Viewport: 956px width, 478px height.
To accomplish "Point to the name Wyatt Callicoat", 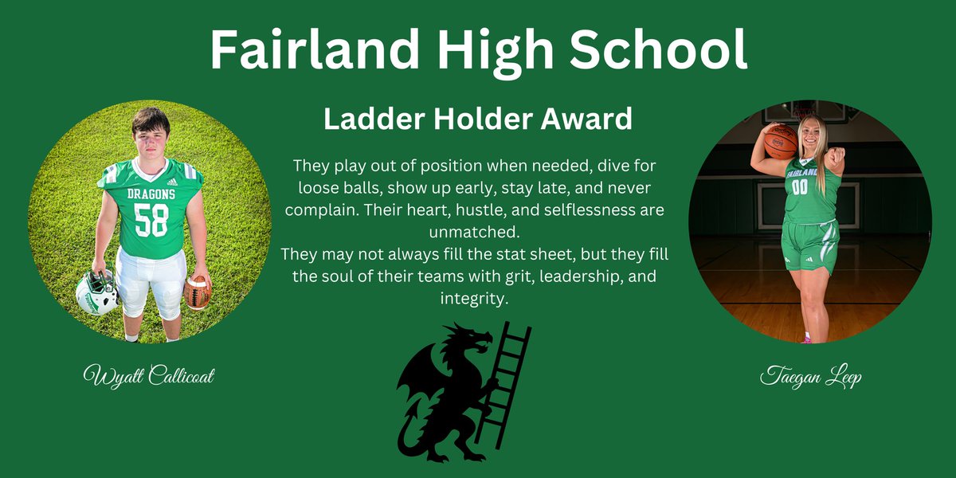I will click(x=149, y=375).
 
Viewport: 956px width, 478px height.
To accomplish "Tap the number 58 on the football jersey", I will click(x=151, y=220).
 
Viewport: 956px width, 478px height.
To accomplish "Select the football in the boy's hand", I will click(x=197, y=292).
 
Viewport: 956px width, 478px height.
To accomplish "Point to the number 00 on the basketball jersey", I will click(x=799, y=186).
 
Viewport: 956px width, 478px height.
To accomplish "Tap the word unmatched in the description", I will click(x=479, y=233).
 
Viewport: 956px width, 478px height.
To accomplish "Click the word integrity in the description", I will click(x=474, y=300).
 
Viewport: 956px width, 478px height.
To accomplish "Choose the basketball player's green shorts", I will click(x=809, y=243).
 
